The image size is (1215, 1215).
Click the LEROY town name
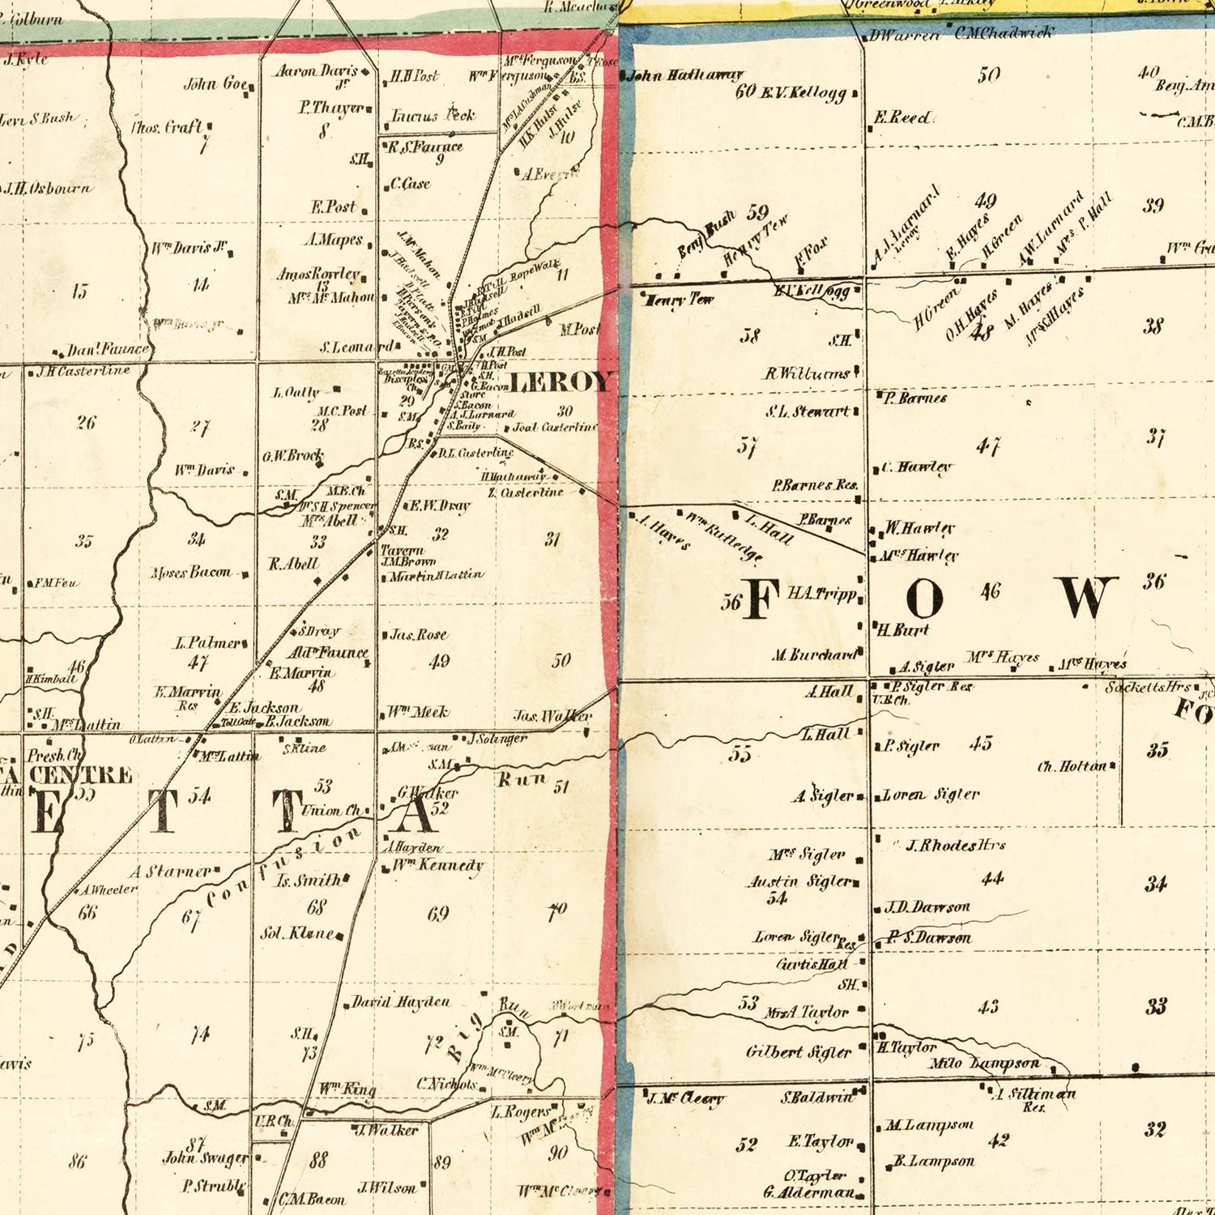[x=560, y=382]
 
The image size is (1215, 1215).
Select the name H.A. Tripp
[x=821, y=594]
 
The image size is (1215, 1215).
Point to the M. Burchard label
[x=813, y=654]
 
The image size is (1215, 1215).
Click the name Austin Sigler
[x=799, y=881]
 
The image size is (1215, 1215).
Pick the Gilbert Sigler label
[x=798, y=1052]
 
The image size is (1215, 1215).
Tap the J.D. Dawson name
[x=927, y=907]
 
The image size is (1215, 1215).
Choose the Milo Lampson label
[x=983, y=1064]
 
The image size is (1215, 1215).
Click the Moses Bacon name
[x=190, y=573]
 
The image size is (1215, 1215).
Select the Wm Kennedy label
[x=437, y=865]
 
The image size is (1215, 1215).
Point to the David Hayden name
[x=400, y=1002]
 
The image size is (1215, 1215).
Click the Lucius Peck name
[x=433, y=116]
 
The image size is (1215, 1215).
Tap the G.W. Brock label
[x=292, y=456]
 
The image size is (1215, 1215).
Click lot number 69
[x=437, y=914]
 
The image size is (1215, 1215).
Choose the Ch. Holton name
[x=1072, y=765]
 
